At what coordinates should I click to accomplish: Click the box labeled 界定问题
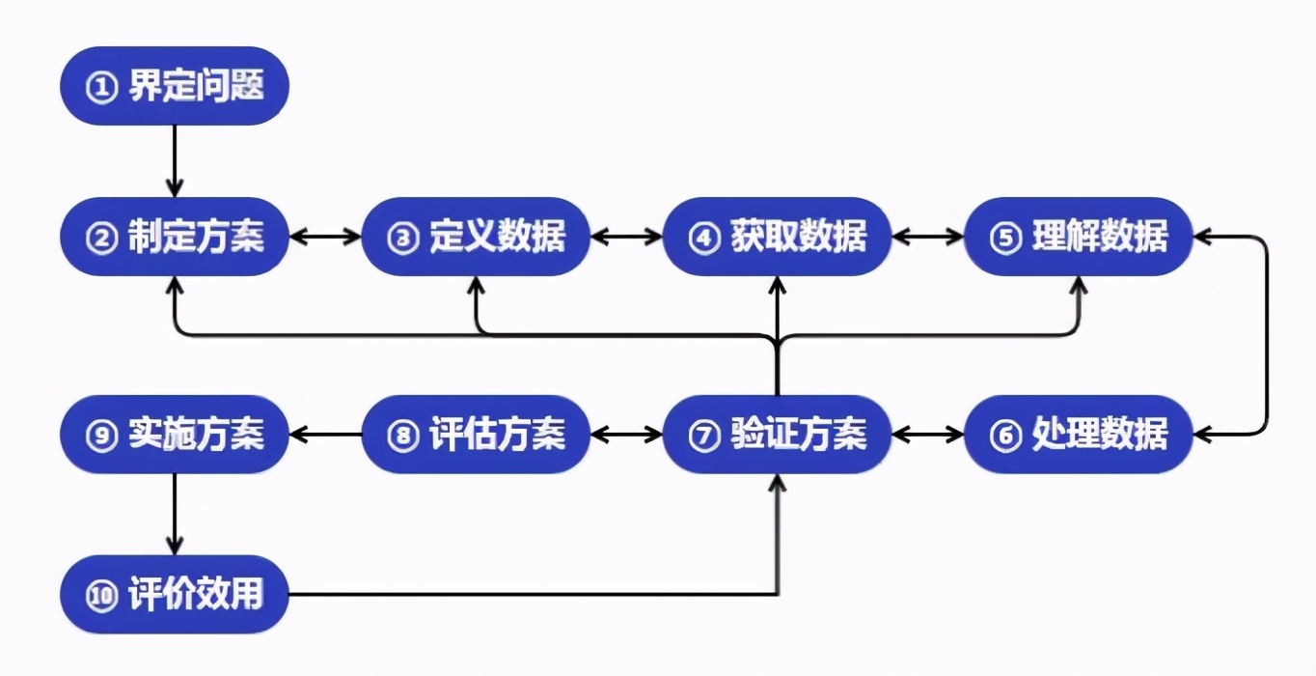175,86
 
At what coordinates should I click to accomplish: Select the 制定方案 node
175,237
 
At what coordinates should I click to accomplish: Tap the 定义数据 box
476,237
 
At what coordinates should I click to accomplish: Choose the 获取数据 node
777,237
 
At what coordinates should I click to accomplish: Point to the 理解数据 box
1078,237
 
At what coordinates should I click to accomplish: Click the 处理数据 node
1078,435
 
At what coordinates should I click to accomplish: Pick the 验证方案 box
777,435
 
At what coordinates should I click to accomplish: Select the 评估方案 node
476,435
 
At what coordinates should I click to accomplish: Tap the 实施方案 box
175,435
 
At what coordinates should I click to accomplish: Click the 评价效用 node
175,594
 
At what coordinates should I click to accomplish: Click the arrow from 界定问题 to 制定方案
175,160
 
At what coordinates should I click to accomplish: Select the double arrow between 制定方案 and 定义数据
325,237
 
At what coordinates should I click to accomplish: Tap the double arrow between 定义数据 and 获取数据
626,237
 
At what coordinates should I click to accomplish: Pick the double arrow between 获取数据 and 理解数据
927,237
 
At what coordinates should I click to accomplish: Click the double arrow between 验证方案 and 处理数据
927,435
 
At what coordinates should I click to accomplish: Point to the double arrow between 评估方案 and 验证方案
626,435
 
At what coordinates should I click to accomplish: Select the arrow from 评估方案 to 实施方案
325,435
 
